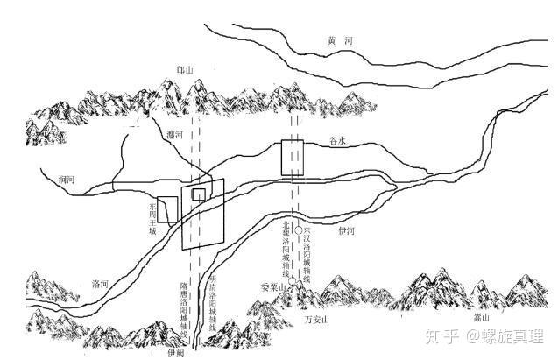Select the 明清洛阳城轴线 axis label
(214, 307)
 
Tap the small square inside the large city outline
(200, 194)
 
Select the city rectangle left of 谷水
(292, 157)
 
